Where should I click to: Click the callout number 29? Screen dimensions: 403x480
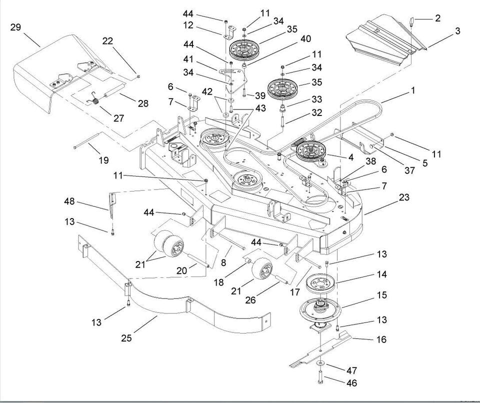pyautogui.click(x=15, y=27)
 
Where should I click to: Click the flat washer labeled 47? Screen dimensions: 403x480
pyautogui.click(x=320, y=361)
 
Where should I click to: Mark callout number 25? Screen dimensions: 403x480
pyautogui.click(x=126, y=338)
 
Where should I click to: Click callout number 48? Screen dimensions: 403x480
pyautogui.click(x=69, y=201)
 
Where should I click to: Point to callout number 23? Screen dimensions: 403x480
pyautogui.click(x=404, y=197)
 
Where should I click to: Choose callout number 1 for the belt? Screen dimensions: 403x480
pyautogui.click(x=412, y=90)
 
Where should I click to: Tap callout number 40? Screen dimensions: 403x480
pyautogui.click(x=305, y=38)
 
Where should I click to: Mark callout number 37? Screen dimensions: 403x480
pyautogui.click(x=410, y=170)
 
